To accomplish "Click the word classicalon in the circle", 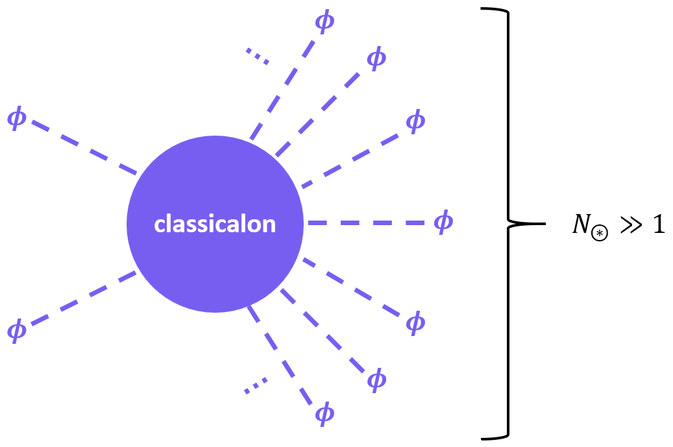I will [215, 224].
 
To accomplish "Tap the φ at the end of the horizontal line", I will [443, 223].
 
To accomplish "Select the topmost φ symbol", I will [324, 21].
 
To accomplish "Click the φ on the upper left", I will [17, 119].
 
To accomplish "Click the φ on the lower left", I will [17, 330].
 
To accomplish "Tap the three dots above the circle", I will [258, 56].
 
